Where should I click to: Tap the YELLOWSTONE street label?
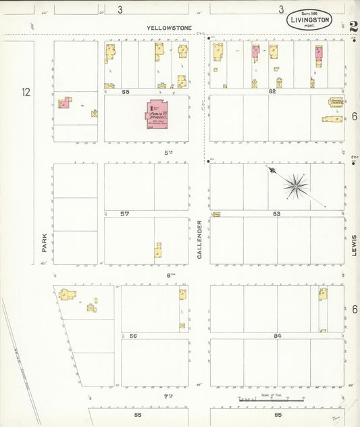(x=170, y=28)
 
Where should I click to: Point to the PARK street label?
(x=44, y=242)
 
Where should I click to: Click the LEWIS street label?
(x=353, y=245)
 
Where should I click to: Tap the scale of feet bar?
(x=270, y=400)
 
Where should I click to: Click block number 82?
(x=272, y=91)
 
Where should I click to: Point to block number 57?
(x=124, y=214)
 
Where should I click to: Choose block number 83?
(x=276, y=214)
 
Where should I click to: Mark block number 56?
(x=133, y=336)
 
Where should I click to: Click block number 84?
(x=277, y=336)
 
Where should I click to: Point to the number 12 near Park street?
(x=26, y=92)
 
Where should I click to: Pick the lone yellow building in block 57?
(x=157, y=251)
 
